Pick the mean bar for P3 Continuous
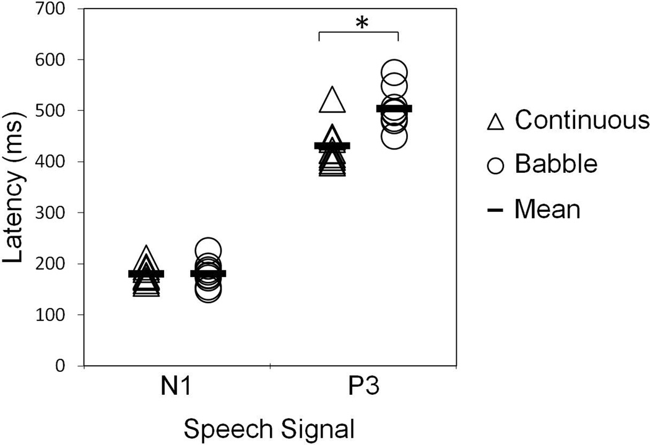pyautogui.click(x=332, y=146)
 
